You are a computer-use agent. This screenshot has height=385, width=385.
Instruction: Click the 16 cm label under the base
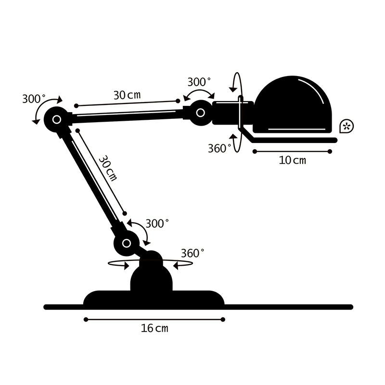[x=154, y=329]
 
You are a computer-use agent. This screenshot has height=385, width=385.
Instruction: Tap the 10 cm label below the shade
[x=292, y=160]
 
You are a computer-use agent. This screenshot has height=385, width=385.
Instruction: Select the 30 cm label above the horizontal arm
[x=127, y=95]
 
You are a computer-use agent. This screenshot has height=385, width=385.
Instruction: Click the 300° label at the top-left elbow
[x=34, y=99]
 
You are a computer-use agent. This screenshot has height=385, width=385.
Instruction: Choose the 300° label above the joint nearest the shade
[x=199, y=81]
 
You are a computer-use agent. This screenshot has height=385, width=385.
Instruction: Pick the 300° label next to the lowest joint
[x=157, y=224]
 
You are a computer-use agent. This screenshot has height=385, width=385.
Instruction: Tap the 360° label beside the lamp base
[x=192, y=253]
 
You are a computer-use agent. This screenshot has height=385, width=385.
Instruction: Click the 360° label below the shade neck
[x=219, y=148]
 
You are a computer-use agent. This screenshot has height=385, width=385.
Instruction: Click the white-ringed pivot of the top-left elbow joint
[x=56, y=119]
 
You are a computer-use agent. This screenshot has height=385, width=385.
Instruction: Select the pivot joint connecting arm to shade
[x=200, y=113]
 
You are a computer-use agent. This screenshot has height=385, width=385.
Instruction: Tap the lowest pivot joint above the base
[x=126, y=243]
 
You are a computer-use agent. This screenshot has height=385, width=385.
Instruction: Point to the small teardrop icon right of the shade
[x=346, y=126]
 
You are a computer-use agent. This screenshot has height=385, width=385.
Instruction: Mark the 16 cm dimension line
[x=154, y=319]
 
